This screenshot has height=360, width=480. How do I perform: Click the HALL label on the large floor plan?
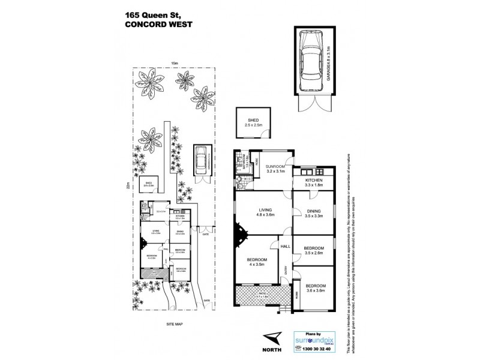point(286,245)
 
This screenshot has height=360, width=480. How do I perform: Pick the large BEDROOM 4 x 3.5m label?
point(256,262)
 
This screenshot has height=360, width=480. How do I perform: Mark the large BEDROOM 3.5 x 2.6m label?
point(314,250)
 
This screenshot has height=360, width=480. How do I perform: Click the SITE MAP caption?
point(174,324)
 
